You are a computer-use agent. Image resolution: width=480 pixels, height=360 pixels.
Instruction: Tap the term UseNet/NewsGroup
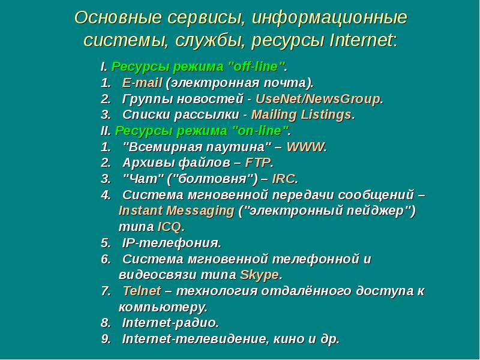(319, 99)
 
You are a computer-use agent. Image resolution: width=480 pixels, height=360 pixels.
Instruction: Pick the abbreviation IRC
(284, 179)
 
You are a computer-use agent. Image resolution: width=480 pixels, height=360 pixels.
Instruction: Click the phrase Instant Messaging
(176, 211)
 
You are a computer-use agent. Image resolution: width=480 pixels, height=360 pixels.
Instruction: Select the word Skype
(259, 275)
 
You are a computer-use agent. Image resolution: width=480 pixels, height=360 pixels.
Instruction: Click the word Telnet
(142, 291)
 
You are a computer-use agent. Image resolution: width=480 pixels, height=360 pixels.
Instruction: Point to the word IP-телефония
(172, 243)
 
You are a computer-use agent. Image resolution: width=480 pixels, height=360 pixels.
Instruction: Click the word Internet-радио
(170, 323)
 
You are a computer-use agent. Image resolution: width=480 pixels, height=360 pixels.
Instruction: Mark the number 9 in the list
(106, 339)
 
